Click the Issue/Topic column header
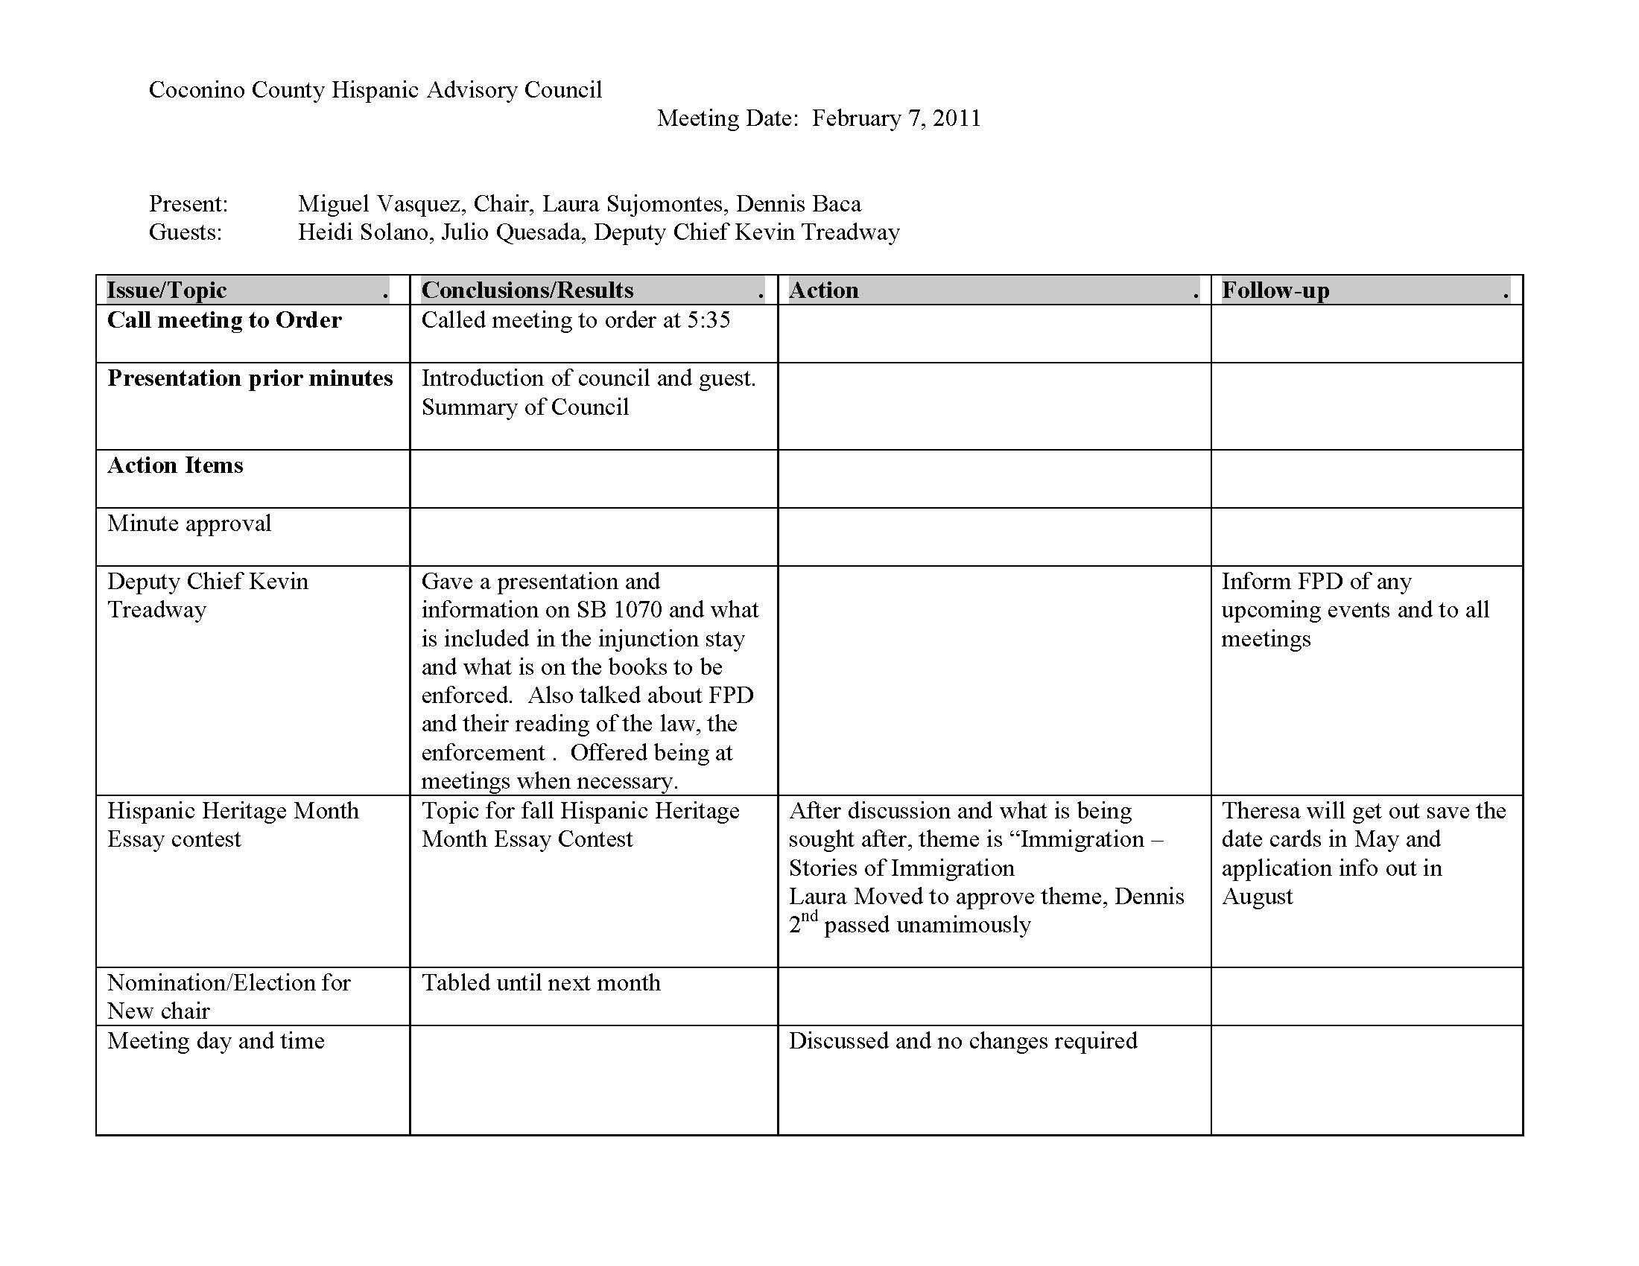(167, 290)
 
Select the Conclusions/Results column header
(527, 290)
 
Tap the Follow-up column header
(1275, 290)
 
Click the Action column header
(823, 290)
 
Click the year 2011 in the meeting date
(956, 118)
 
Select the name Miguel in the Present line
(333, 204)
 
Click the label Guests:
(186, 232)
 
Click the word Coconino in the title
(197, 90)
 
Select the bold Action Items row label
(175, 465)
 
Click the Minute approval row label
(189, 524)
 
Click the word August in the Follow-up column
(1257, 897)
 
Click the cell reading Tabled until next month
(540, 983)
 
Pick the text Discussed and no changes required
(962, 1041)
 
